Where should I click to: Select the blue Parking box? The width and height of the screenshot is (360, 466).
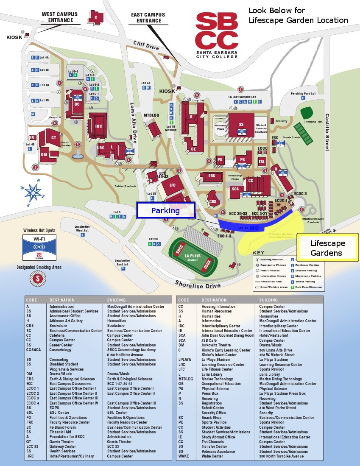coord(165,210)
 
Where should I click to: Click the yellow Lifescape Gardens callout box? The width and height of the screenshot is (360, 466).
coord(327,248)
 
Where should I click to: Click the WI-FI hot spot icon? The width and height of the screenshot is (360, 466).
coord(39,247)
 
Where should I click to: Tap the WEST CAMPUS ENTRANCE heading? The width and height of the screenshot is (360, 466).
coord(60,17)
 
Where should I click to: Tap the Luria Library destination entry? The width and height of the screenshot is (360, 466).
coord(212,374)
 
